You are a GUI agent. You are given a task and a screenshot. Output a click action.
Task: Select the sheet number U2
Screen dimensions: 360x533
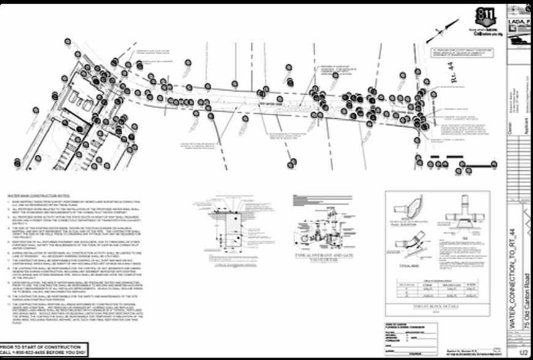pyautogui.click(x=523, y=351)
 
